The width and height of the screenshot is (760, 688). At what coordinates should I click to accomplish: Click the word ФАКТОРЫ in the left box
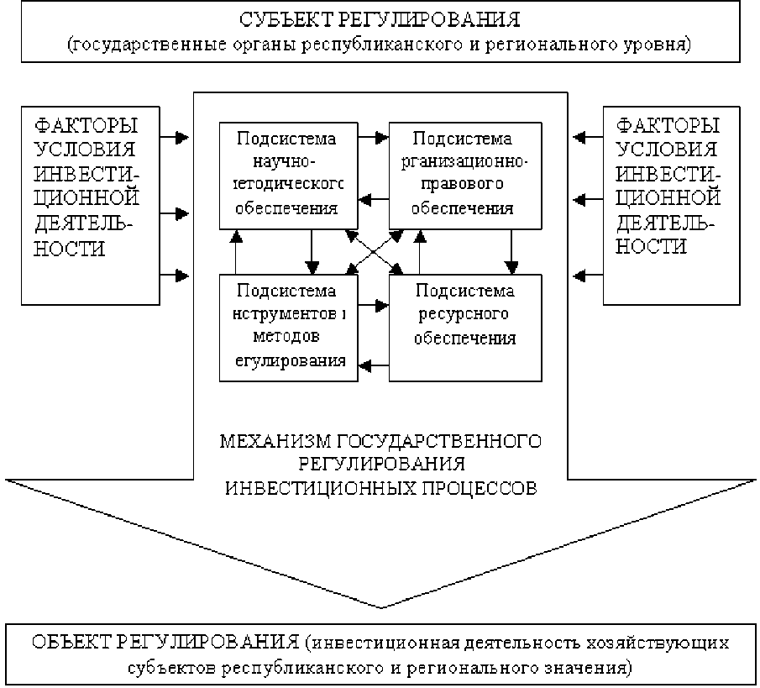[85, 127]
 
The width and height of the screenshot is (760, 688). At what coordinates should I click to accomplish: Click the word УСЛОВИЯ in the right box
[668, 150]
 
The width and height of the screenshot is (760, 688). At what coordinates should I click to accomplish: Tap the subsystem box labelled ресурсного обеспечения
[465, 328]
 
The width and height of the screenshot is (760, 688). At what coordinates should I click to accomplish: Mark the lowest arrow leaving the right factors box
[587, 275]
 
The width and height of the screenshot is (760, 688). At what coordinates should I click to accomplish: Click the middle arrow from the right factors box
[587, 200]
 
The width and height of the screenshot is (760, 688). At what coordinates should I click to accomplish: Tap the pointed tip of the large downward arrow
[380, 606]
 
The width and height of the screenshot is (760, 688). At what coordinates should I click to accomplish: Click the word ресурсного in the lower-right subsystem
[465, 316]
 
